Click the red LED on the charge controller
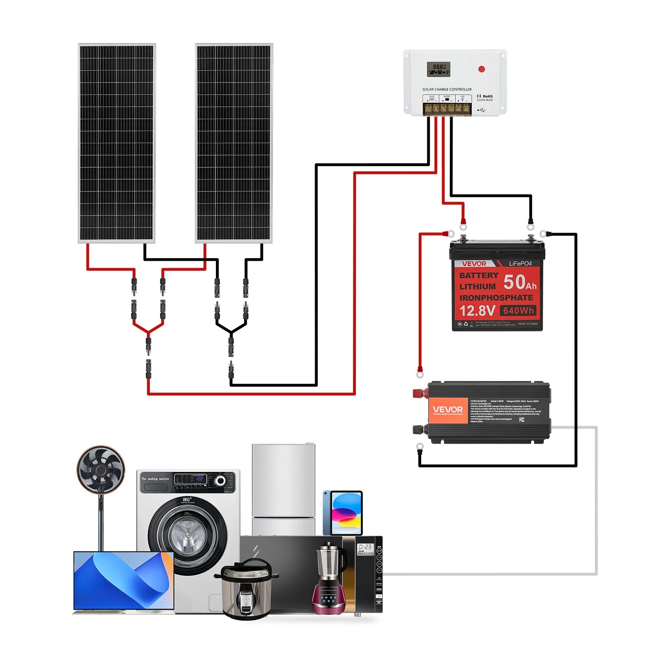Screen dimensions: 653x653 click(482, 69)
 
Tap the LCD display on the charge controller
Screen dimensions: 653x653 click(438, 69)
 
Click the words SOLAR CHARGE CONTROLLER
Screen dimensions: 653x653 click(447, 89)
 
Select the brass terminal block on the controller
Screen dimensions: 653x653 click(447, 108)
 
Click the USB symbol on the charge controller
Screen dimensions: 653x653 click(482, 110)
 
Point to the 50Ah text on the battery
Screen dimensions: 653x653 click(519, 282)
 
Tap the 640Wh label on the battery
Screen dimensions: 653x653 click(518, 311)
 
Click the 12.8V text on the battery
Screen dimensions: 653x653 click(477, 311)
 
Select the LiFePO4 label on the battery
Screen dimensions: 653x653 click(520, 264)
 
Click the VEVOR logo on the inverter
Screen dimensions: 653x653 click(448, 410)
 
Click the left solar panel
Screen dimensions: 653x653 click(117, 143)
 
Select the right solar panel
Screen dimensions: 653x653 click(234, 143)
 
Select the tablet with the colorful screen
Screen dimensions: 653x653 click(343, 513)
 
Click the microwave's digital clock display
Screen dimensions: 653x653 click(365, 547)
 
